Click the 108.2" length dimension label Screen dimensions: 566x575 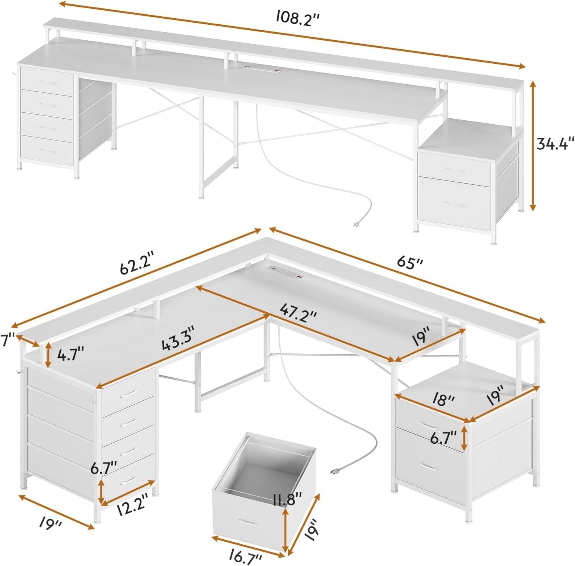299,18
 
